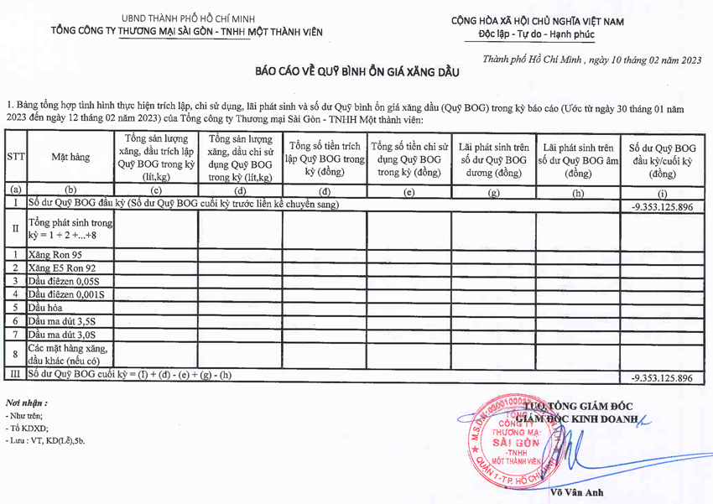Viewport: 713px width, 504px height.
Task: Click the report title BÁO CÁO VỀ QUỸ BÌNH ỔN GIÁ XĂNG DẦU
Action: pyautogui.click(x=358, y=73)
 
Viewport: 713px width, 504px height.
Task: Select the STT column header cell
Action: pyautogui.click(x=16, y=156)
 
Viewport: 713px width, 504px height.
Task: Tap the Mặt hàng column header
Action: pyautogui.click(x=70, y=156)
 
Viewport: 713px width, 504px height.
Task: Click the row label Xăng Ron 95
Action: pyautogui.click(x=55, y=254)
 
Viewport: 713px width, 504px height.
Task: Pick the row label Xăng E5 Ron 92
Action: pyautogui.click(x=63, y=268)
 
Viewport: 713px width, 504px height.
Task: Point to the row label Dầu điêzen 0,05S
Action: pyautogui.click(x=64, y=281)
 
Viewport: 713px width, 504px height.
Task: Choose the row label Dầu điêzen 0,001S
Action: pyautogui.click(x=66, y=294)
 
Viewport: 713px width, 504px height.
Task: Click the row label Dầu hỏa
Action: pyautogui.click(x=47, y=308)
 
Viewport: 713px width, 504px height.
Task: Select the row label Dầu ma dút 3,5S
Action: pyautogui.click(x=61, y=321)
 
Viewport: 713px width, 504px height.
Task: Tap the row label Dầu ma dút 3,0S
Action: pyautogui.click(x=61, y=335)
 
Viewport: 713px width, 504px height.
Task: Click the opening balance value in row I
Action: pyautogui.click(x=662, y=206)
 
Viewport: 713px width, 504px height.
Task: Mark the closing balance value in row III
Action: pyautogui.click(x=662, y=378)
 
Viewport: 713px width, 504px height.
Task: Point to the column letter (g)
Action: pyautogui.click(x=493, y=192)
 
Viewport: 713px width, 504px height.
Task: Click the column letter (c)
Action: pyautogui.click(x=156, y=192)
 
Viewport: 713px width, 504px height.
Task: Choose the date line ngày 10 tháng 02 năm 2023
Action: pyautogui.click(x=592, y=60)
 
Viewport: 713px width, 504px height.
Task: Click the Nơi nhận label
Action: pyautogui.click(x=26, y=403)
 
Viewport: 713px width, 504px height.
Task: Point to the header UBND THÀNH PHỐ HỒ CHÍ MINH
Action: pyautogui.click(x=189, y=18)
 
